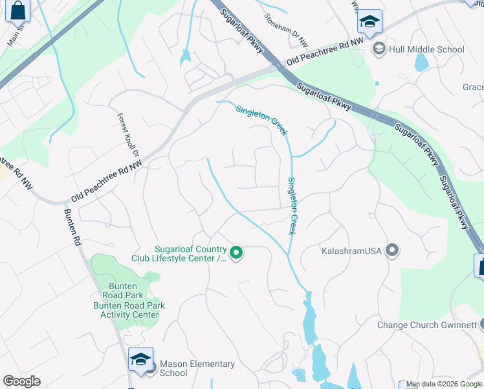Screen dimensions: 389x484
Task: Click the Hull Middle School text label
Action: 426,49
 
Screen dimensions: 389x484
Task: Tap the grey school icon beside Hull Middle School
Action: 379,49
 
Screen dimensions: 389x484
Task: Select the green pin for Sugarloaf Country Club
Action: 237,253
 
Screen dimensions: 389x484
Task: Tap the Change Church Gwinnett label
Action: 427,325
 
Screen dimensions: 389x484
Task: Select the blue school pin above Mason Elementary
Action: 140,359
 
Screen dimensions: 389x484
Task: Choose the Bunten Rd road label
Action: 72,226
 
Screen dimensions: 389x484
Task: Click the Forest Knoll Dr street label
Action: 128,135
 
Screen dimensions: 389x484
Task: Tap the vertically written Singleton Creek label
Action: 292,206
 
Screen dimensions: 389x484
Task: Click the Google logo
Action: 21,381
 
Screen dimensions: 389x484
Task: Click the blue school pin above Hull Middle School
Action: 369,23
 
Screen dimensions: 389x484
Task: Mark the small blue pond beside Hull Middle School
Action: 421,62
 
